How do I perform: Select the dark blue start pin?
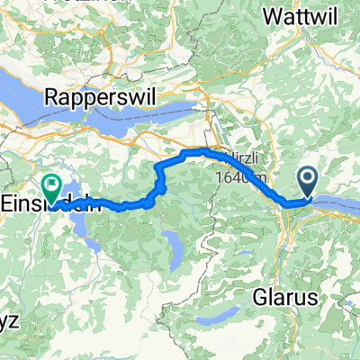point(308,184)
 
